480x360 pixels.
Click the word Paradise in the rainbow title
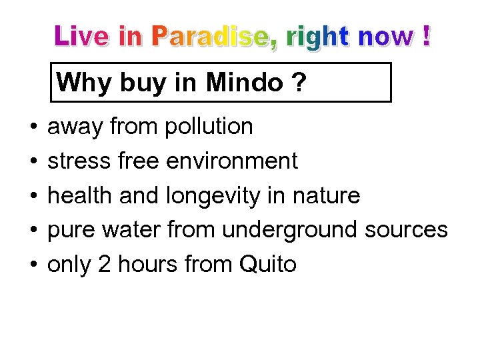pyautogui.click(x=212, y=37)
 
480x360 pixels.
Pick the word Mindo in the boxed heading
pyautogui.click(x=245, y=83)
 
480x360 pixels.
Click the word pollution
pyautogui.click(x=208, y=126)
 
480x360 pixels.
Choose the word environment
pyautogui.click(x=232, y=161)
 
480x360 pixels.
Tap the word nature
pyautogui.click(x=327, y=196)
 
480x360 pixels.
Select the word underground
pyautogui.click(x=291, y=231)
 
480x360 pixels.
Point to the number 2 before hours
pyautogui.click(x=104, y=265)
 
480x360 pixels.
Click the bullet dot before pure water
pyautogui.click(x=33, y=231)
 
